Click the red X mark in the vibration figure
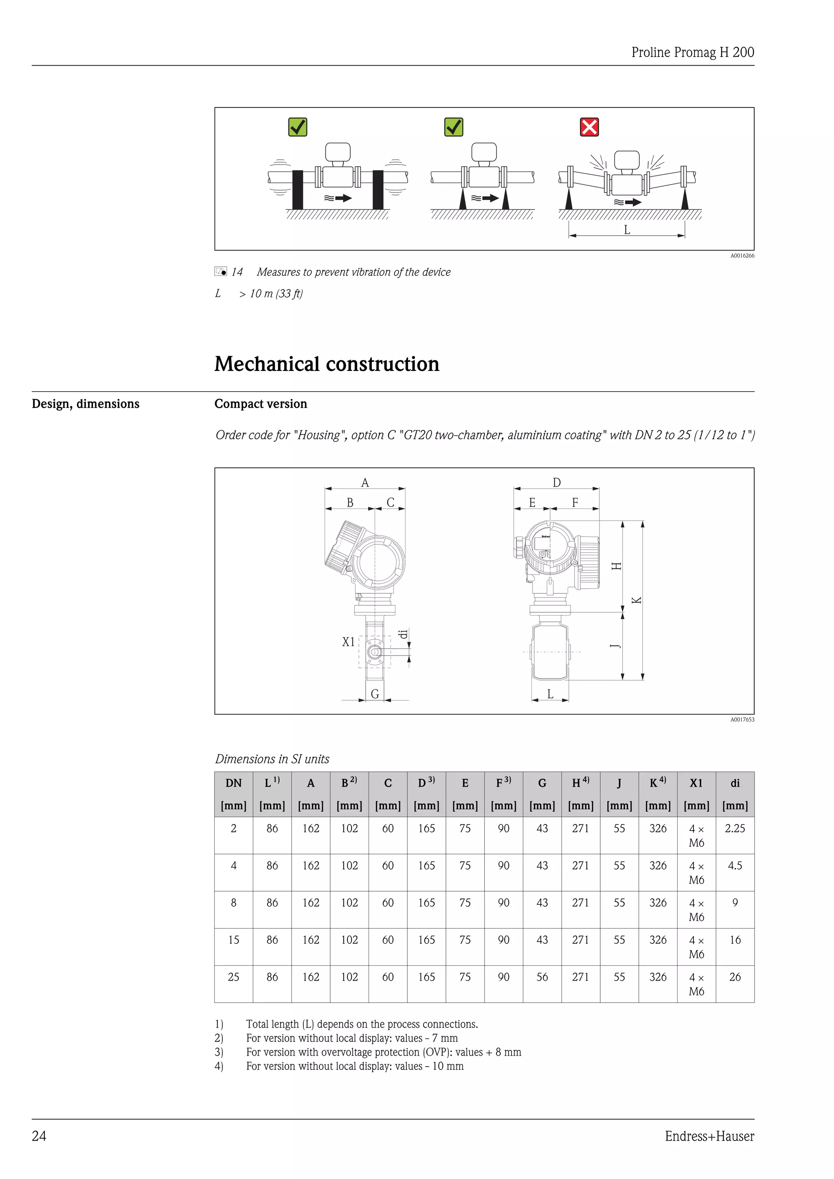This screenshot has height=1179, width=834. tap(589, 127)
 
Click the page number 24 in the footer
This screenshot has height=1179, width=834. tap(39, 1136)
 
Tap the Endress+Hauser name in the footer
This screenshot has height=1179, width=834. tap(709, 1136)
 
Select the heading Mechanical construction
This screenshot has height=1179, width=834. tap(327, 364)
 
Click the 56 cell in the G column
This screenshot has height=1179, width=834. tap(542, 977)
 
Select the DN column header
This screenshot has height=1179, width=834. tap(233, 783)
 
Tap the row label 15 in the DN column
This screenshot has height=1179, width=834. tap(233, 940)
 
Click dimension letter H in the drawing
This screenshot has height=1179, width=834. tap(617, 566)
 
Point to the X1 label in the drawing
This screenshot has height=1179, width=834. tap(348, 642)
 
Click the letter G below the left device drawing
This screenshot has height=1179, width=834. tap(375, 694)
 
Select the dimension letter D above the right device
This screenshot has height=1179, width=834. tap(557, 483)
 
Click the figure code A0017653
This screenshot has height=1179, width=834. tap(742, 719)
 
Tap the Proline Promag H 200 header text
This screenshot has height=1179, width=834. tap(692, 53)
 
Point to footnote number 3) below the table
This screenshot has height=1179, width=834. tap(219, 1052)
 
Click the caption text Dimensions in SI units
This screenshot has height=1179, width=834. tap(272, 759)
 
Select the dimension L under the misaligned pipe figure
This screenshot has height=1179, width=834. tap(627, 230)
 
